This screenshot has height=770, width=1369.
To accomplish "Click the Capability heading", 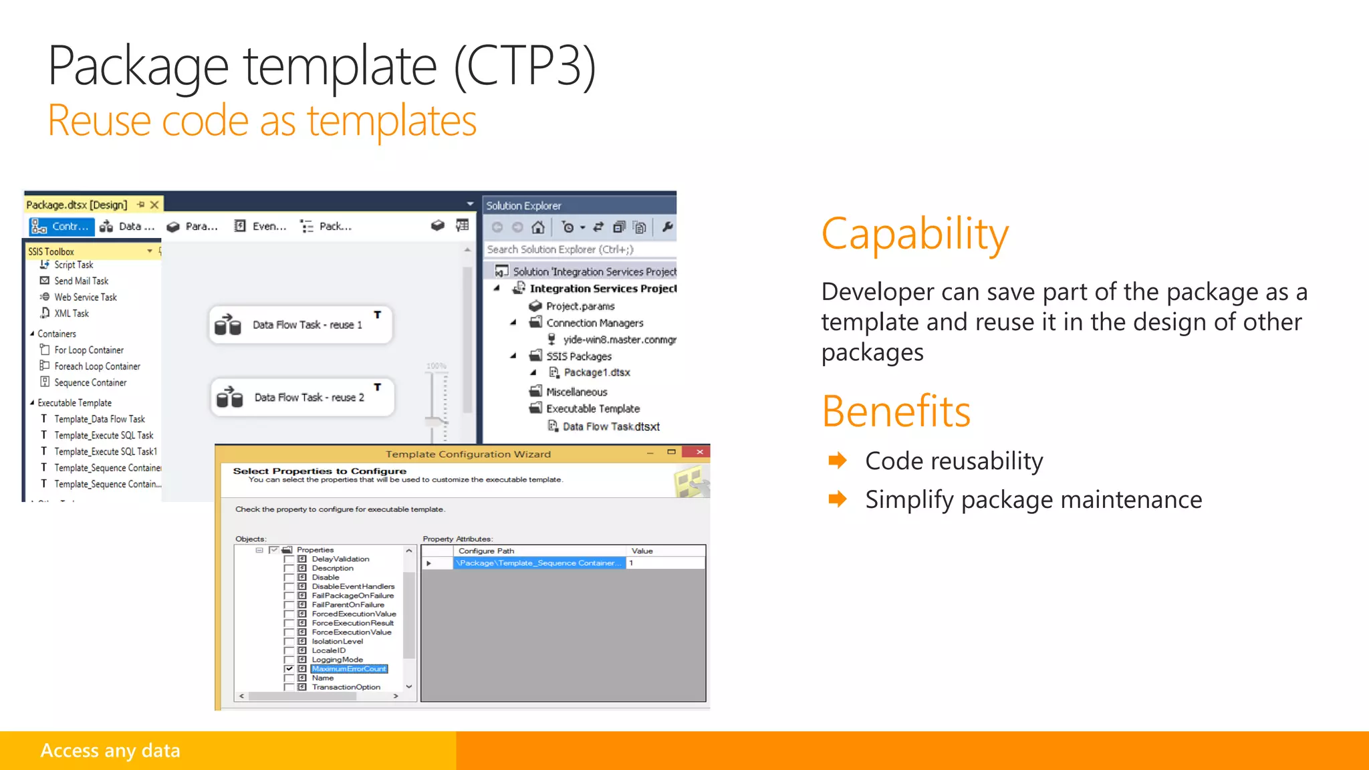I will coord(914,234).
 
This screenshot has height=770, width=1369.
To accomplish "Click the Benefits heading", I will coord(896,411).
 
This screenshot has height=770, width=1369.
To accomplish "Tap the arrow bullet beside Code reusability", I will coord(837,461).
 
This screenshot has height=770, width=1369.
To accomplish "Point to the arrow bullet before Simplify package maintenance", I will coord(837,499).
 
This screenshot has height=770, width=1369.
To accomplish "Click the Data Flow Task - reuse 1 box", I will coord(301,325).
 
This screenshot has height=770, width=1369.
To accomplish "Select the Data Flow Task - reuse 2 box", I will coord(302,397).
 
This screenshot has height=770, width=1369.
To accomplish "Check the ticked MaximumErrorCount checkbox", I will coord(289,668).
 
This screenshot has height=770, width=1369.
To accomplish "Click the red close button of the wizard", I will coord(699,453).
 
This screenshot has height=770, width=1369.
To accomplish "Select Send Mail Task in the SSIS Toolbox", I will coord(81,281).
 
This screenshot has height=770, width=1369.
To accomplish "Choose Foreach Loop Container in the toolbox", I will coord(97,366).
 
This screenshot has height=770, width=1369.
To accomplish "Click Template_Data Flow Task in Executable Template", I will coord(99,419).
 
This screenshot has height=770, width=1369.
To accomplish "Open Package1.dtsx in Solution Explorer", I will coord(596,372).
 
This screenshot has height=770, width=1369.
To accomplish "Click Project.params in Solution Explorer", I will coord(580,306).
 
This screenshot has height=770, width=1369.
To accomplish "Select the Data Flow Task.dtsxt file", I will coord(610,426).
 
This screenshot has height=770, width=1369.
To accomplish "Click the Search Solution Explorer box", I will coord(578,249).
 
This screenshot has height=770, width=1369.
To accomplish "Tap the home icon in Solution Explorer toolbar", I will coord(537,227).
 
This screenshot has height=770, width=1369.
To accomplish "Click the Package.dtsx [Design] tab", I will coord(76,205).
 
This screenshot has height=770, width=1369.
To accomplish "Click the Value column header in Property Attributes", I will coord(642,551).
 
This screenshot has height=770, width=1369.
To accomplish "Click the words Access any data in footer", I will coord(110,751).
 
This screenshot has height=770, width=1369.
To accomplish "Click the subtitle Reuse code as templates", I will coord(262,121).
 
